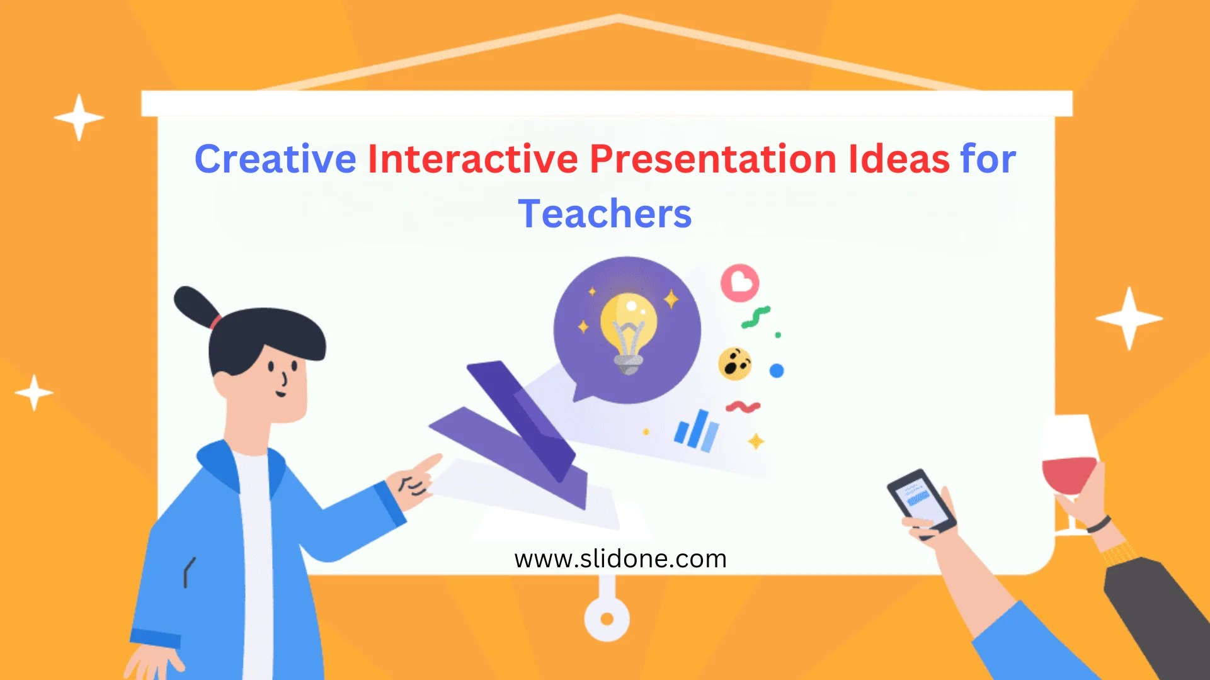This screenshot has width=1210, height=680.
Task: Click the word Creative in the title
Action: tap(275, 159)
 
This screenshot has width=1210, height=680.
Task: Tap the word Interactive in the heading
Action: tap(472, 159)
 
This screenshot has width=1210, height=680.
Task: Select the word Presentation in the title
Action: tap(712, 159)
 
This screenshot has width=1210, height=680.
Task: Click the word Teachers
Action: tap(605, 214)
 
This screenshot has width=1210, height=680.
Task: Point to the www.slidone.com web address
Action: tap(620, 559)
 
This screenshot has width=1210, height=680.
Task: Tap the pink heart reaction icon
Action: tap(740, 282)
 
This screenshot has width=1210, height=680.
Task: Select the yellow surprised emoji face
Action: tap(734, 363)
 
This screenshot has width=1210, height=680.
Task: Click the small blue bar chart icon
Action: tap(696, 431)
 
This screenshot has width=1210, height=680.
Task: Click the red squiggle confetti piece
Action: tap(743, 407)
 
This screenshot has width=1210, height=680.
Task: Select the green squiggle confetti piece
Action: tap(756, 317)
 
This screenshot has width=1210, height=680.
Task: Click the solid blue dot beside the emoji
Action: tap(777, 371)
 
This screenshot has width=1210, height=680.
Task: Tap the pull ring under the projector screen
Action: tap(607, 618)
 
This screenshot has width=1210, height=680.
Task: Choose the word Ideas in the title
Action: tap(898, 159)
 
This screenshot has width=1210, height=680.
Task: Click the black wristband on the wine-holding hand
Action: tap(1099, 524)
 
